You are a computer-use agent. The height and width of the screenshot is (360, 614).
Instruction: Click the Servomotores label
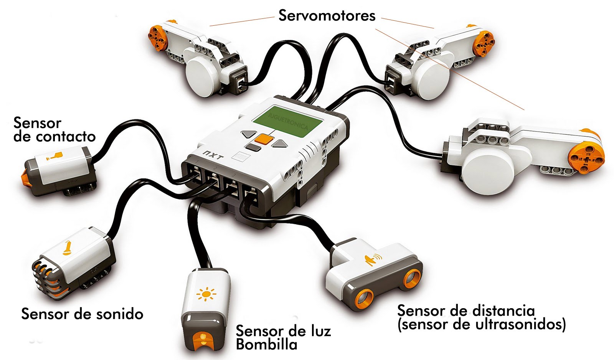327,16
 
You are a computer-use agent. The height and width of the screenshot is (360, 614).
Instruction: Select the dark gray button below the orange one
253,147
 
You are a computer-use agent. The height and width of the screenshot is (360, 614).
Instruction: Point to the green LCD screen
287,121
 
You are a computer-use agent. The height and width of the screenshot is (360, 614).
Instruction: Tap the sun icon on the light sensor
206,294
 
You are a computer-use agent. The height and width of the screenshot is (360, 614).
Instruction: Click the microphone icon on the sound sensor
67,248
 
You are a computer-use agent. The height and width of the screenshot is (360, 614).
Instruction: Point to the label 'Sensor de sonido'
82,314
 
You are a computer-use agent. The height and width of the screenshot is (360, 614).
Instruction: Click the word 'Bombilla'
266,344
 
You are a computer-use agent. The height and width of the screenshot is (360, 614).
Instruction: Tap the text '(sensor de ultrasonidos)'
482,325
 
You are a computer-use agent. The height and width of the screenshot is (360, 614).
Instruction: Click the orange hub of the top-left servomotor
158,37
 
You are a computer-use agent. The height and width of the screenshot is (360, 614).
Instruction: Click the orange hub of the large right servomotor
585,156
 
